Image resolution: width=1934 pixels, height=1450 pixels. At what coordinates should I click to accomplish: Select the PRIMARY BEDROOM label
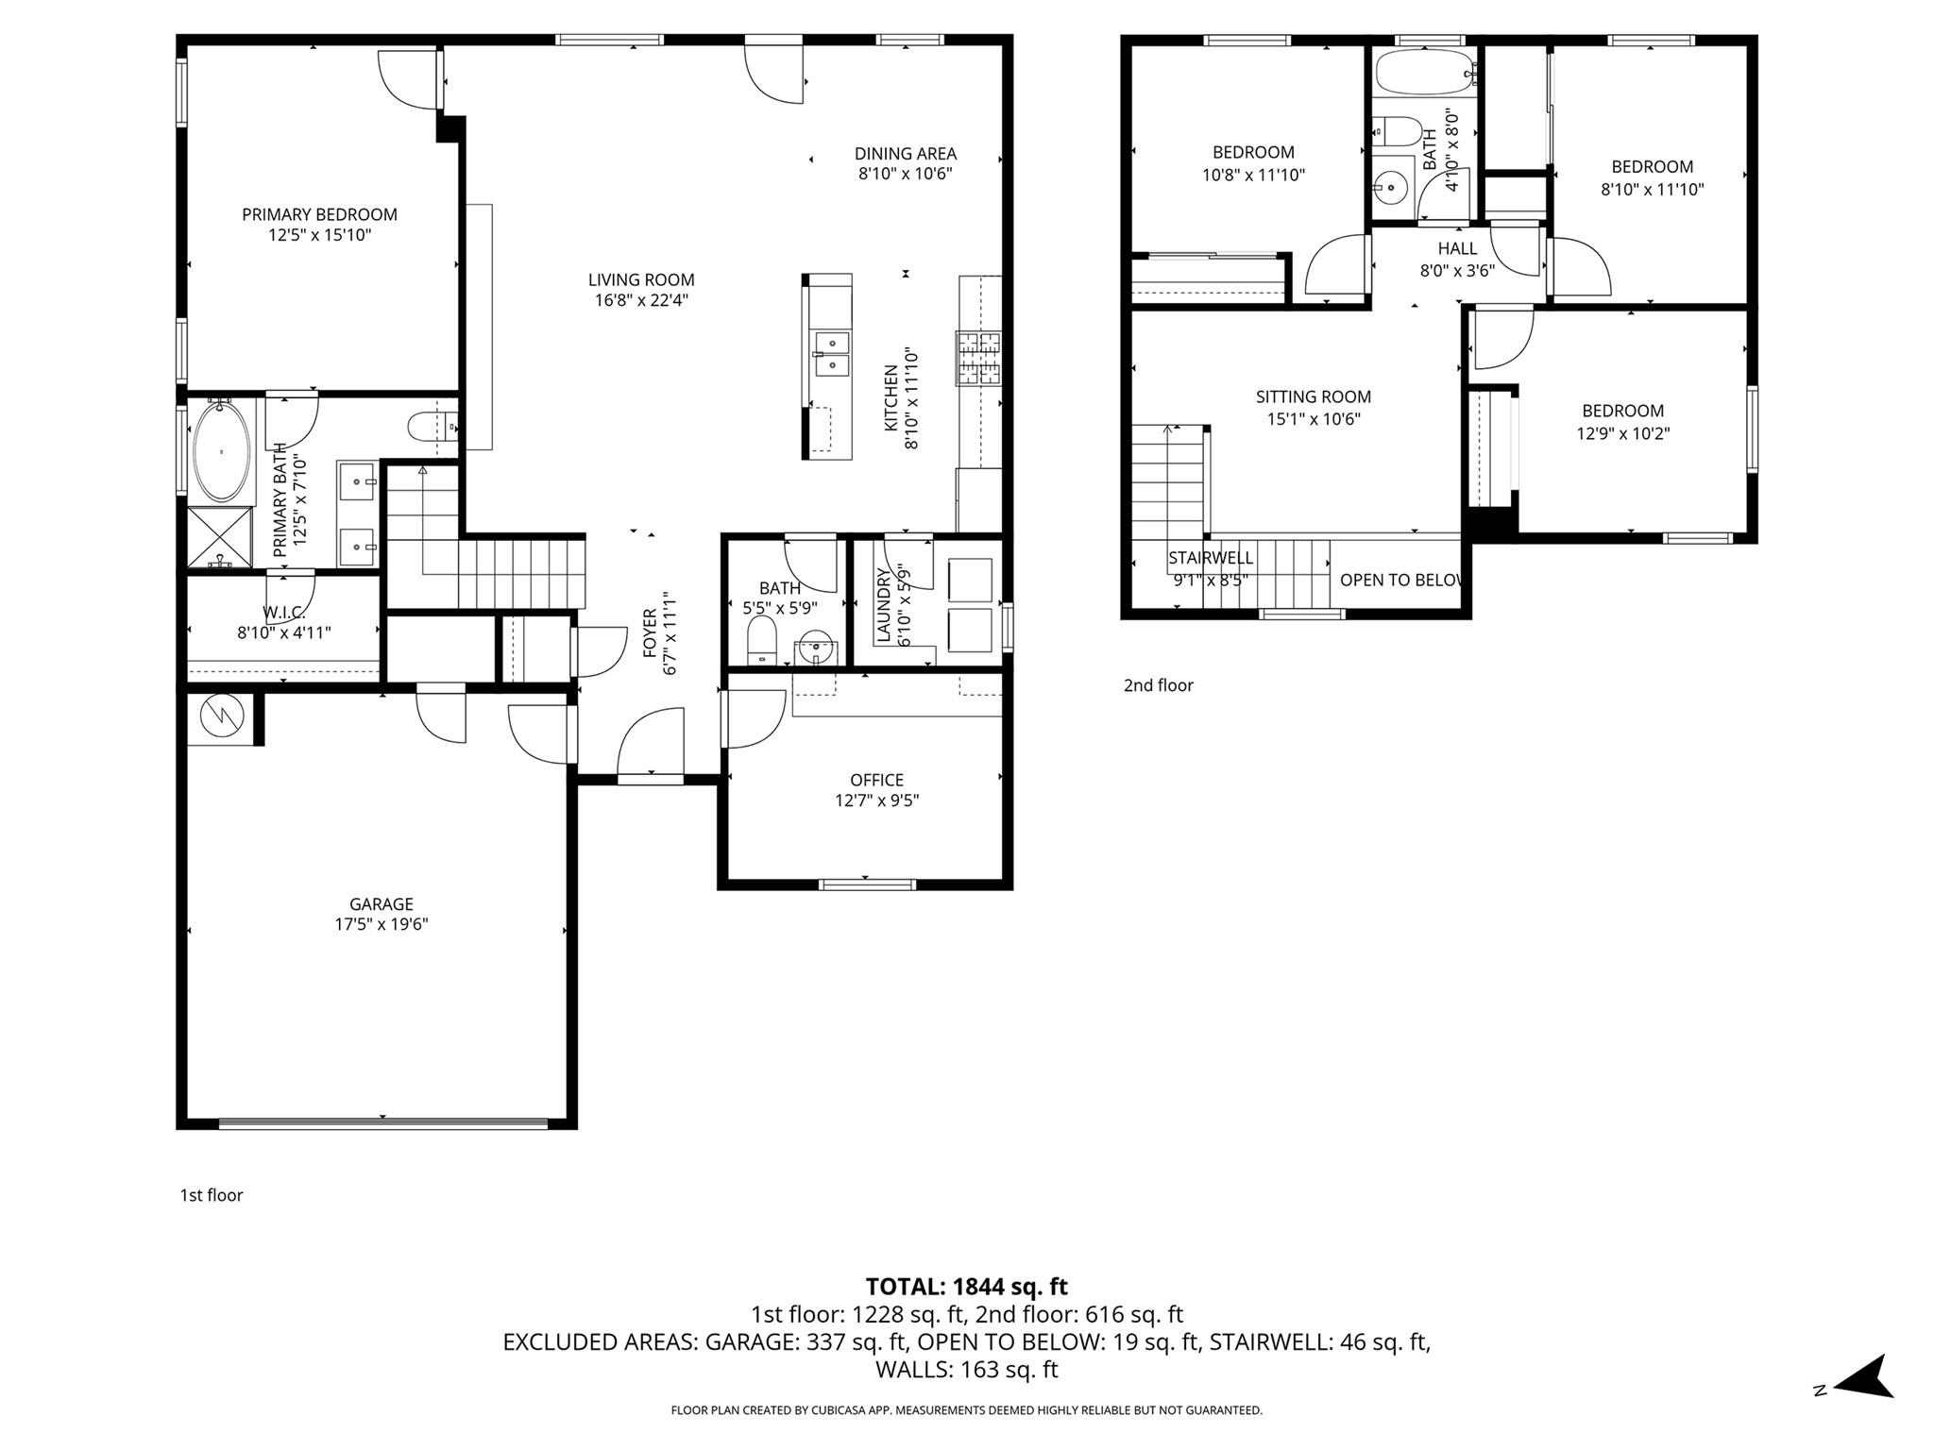319,214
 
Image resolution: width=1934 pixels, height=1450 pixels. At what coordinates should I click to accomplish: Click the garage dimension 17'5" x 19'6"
382,924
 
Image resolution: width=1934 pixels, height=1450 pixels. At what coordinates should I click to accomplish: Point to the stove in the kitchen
978,359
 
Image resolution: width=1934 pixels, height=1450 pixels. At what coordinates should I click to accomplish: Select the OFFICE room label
876,780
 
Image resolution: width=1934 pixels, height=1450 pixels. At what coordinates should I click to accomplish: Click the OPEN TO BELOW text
1400,580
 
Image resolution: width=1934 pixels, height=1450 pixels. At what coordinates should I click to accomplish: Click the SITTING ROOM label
1313,397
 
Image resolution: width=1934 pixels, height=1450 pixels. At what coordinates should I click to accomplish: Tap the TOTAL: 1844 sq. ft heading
966,1286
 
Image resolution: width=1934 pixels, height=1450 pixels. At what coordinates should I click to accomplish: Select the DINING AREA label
905,154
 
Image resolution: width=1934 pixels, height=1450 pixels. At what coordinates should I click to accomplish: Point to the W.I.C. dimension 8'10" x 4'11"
283,632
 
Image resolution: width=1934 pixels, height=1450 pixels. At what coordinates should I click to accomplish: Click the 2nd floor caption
1158,685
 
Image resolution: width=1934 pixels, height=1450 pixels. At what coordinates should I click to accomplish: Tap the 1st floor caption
212,1195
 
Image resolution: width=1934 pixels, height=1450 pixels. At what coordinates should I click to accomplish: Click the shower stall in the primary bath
220,537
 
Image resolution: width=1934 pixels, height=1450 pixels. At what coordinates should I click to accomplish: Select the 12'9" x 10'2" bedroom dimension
1622,433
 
